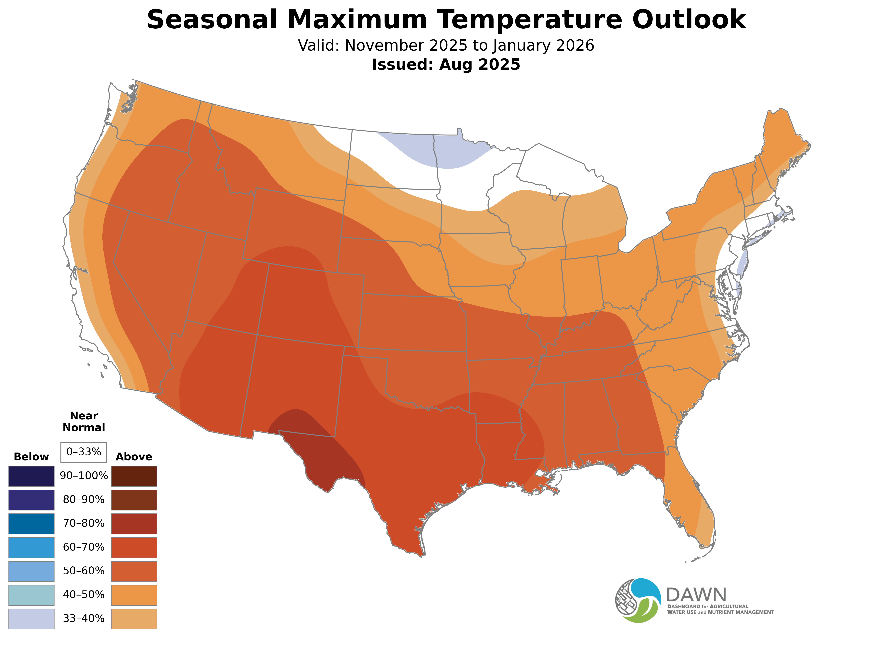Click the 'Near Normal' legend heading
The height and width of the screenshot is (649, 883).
(84, 422)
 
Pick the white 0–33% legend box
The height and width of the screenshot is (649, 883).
(84, 452)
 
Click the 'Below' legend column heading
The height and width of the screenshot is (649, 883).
(31, 457)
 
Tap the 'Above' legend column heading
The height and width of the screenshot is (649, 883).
(134, 457)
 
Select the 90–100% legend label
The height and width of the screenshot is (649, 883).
(84, 476)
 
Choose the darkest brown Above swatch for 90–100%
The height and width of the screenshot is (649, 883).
(134, 476)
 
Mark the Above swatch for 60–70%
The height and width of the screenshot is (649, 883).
(134, 548)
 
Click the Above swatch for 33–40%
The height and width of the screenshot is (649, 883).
(134, 619)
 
